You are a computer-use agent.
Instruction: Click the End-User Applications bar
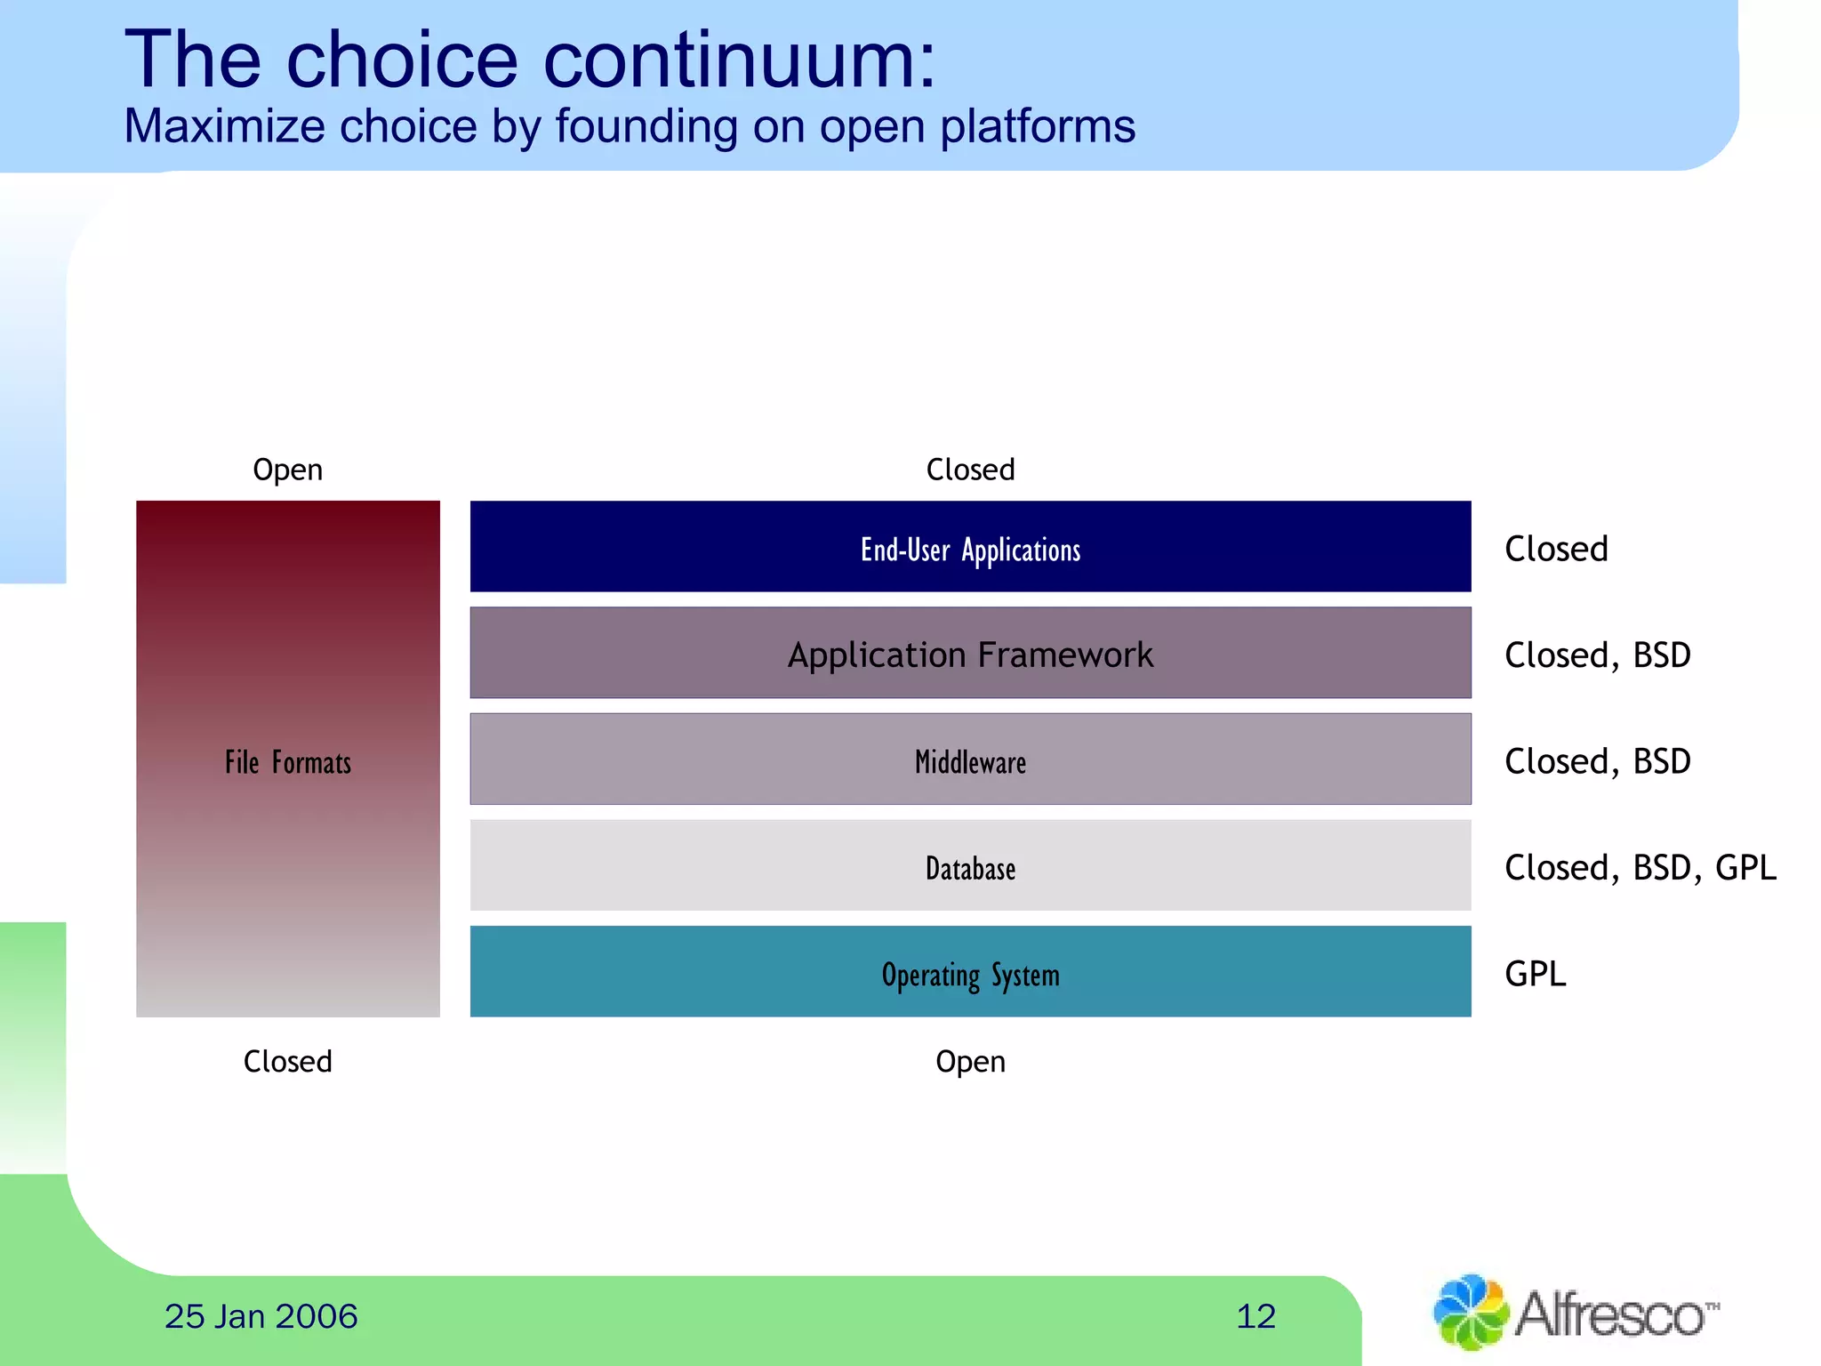pyautogui.click(x=970, y=547)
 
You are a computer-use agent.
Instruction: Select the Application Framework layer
pyautogui.click(x=970, y=654)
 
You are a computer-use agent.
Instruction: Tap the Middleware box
pyautogui.click(x=970, y=760)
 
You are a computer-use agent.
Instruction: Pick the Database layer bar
pyautogui.click(x=970, y=866)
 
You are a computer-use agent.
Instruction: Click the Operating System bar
pyautogui.click(x=970, y=973)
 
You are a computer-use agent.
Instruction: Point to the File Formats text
pyautogui.click(x=287, y=762)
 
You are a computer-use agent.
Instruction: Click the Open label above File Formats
pyautogui.click(x=287, y=469)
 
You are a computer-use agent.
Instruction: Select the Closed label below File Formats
pyautogui.click(x=287, y=1061)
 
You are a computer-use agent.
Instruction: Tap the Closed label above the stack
pyautogui.click(x=970, y=469)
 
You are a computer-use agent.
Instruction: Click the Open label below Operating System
pyautogui.click(x=970, y=1061)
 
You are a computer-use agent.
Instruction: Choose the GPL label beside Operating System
pyautogui.click(x=1535, y=974)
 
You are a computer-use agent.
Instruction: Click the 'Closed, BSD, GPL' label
pyautogui.click(x=1640, y=867)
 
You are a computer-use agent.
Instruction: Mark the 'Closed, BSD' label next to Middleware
pyautogui.click(x=1597, y=761)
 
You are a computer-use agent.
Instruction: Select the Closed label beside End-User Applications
pyautogui.click(x=1556, y=549)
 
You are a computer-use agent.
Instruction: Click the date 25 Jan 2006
pyautogui.click(x=261, y=1316)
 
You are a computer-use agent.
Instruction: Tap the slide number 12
pyautogui.click(x=1255, y=1316)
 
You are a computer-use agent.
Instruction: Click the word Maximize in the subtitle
pyautogui.click(x=225, y=126)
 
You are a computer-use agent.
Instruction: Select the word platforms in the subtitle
pyautogui.click(x=1037, y=126)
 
